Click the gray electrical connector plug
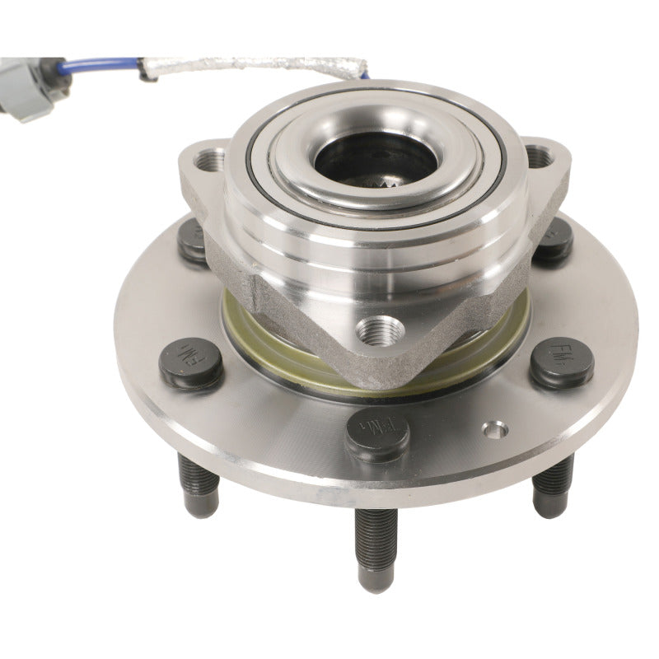tap(33, 86)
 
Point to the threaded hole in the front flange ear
tap(380, 331)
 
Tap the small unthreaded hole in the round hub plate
tap(495, 428)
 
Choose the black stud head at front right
tap(562, 360)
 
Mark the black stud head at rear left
tap(194, 241)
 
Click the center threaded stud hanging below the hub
tap(376, 548)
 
